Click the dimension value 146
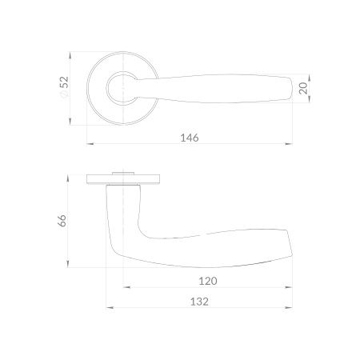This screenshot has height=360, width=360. pyautogui.click(x=190, y=138)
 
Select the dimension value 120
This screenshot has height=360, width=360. pyautogui.click(x=208, y=281)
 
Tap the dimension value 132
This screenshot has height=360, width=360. pyautogui.click(x=199, y=302)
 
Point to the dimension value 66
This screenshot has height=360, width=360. pyautogui.click(x=62, y=221)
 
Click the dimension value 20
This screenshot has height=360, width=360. pyautogui.click(x=303, y=88)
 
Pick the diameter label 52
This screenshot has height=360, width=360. pyautogui.click(x=64, y=82)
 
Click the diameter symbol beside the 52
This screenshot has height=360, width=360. pyautogui.click(x=64, y=94)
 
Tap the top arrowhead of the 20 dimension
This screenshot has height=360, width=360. pyautogui.click(x=309, y=78)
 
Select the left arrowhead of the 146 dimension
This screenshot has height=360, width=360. pyautogui.click(x=90, y=144)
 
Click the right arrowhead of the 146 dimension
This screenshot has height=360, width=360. pyautogui.click(x=289, y=144)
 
